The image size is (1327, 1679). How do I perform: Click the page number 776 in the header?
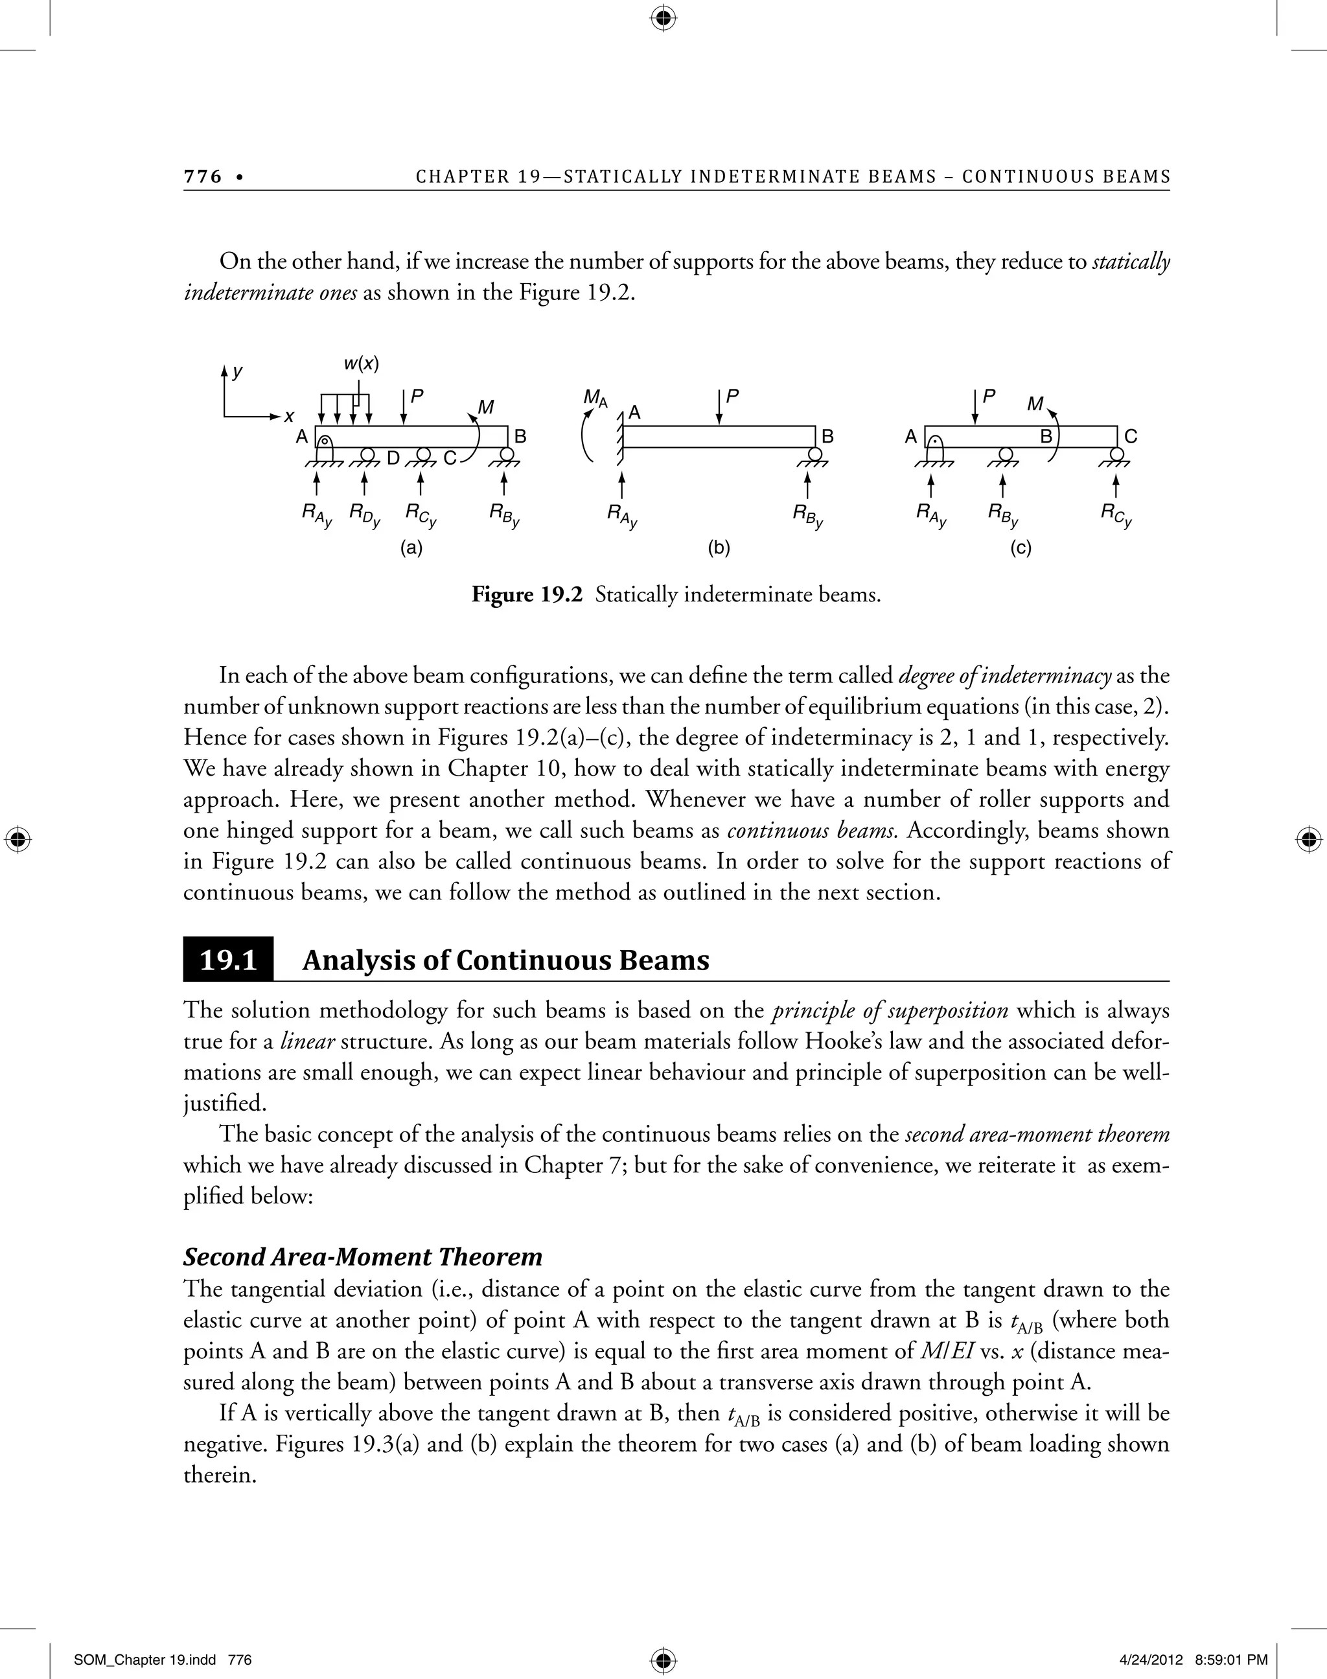pos(203,176)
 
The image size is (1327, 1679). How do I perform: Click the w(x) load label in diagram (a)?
pos(362,364)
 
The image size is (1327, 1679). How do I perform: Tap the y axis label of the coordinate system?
pos(238,372)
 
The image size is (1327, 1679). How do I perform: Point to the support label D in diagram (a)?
pos(393,458)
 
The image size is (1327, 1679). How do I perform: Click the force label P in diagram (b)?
pos(732,395)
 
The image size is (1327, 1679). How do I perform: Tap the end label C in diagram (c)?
pos(1131,437)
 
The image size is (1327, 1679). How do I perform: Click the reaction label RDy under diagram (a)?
pos(364,515)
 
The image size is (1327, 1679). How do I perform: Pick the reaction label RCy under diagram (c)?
pos(1116,515)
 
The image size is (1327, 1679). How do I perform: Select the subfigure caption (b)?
pos(719,548)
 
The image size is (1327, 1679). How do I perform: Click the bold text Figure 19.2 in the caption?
pos(527,595)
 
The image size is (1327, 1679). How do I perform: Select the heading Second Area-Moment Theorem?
pos(363,1256)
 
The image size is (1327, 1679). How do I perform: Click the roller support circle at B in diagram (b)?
pos(815,454)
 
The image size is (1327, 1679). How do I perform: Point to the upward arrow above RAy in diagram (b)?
pos(621,485)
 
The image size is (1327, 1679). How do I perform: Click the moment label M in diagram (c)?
pos(1035,404)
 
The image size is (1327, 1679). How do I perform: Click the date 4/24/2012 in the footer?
pos(1151,1638)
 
